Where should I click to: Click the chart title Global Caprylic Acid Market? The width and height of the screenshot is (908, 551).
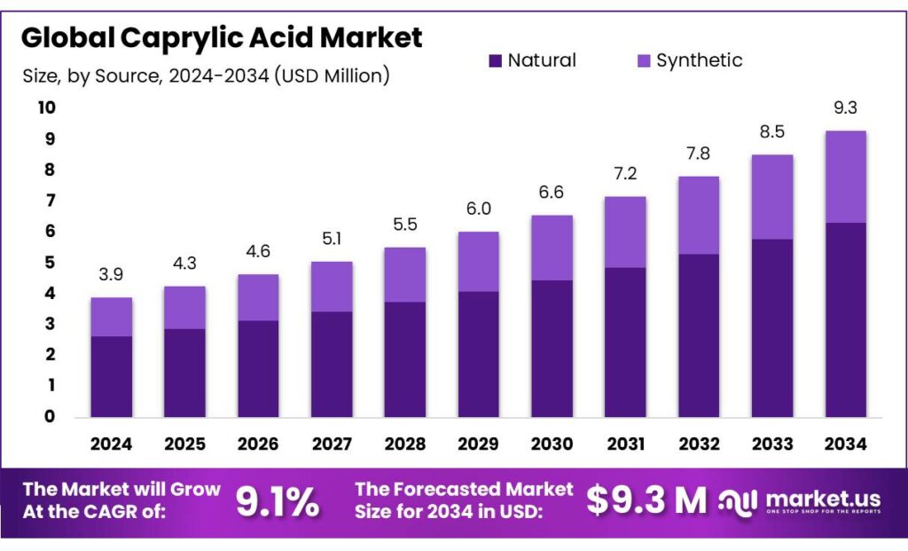[x=222, y=37]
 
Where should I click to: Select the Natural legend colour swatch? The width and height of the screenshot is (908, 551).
[x=496, y=61]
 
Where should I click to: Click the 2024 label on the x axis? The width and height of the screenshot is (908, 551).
[x=112, y=443]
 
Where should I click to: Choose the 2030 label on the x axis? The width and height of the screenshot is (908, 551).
[x=552, y=443]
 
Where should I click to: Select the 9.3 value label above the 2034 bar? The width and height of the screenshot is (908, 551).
[x=845, y=108]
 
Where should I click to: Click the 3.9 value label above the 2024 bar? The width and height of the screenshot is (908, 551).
[x=112, y=275]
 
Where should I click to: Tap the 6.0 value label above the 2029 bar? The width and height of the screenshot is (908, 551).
[x=478, y=209]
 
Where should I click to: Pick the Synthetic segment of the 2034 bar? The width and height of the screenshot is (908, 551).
[x=845, y=177]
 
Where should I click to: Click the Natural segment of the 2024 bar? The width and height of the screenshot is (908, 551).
[x=112, y=376]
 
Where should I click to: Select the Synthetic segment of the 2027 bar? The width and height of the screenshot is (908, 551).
[x=332, y=286]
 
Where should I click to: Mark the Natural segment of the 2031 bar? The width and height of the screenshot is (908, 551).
[x=625, y=342]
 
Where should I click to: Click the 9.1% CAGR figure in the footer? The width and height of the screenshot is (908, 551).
[x=278, y=502]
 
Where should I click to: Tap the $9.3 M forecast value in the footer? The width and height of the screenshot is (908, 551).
[x=646, y=501]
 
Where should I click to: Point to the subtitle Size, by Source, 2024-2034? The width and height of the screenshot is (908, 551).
[x=206, y=76]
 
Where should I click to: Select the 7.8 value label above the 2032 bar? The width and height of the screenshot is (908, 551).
[x=698, y=154]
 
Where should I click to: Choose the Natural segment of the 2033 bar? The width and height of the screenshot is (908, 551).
[x=771, y=327]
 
